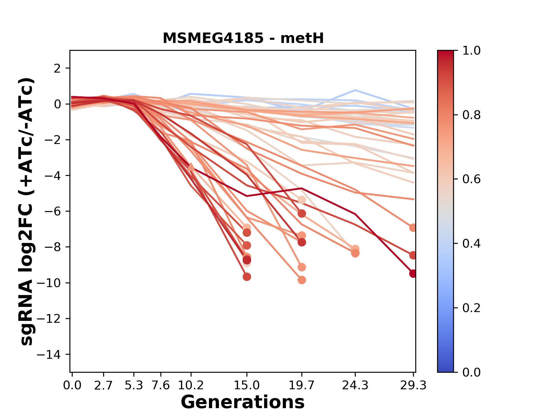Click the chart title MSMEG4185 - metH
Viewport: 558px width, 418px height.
pyautogui.click(x=243, y=38)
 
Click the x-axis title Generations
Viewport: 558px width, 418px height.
pyautogui.click(x=243, y=402)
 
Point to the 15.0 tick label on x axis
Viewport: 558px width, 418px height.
pyautogui.click(x=247, y=385)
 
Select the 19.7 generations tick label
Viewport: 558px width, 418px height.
pyautogui.click(x=302, y=385)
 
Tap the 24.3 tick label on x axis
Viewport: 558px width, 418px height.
pyautogui.click(x=355, y=385)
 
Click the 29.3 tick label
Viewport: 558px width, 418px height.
pyautogui.click(x=413, y=385)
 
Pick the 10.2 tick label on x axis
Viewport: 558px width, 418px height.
pyautogui.click(x=191, y=385)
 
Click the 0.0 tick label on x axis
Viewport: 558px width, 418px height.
pyautogui.click(x=72, y=385)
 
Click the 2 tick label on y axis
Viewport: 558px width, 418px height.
pyautogui.click(x=58, y=69)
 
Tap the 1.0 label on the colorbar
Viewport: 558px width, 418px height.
pyautogui.click(x=471, y=51)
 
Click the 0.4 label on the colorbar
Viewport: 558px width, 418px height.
pyautogui.click(x=471, y=244)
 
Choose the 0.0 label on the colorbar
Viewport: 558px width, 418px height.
pyautogui.click(x=471, y=372)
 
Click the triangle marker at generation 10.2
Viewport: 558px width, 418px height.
pyautogui.click(x=191, y=167)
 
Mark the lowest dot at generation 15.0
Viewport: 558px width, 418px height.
pyautogui.click(x=247, y=277)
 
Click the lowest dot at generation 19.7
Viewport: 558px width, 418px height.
pyautogui.click(x=302, y=280)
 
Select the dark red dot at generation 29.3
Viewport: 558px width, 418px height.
pyautogui.click(x=413, y=273)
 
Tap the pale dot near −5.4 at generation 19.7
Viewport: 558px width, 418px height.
pyautogui.click(x=302, y=200)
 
